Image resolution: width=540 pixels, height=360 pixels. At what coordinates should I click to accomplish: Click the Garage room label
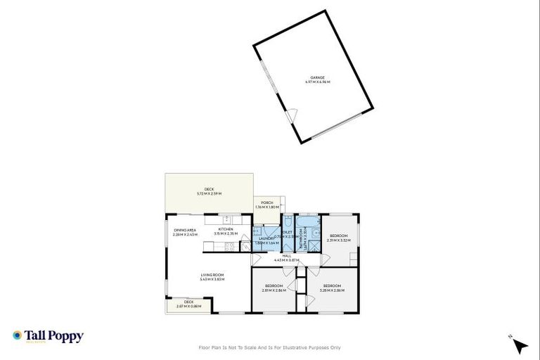tap(317, 79)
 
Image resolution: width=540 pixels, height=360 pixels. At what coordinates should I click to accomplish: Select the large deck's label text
tap(209, 191)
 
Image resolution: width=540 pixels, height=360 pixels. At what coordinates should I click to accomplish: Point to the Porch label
tap(266, 205)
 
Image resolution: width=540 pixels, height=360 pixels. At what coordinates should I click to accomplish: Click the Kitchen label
tap(226, 231)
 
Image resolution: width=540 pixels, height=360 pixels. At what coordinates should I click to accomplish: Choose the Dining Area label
tap(186, 232)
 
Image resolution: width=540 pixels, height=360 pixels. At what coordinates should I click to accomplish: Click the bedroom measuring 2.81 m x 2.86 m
tap(274, 288)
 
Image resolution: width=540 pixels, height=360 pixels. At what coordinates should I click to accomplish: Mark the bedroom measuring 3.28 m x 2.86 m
tap(332, 288)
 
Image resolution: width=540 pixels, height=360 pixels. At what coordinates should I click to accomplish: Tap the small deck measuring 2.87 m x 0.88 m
tap(188, 304)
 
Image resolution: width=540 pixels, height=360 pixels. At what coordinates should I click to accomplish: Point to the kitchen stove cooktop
tap(229, 247)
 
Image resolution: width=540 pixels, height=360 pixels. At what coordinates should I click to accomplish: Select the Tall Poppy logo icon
tap(16, 336)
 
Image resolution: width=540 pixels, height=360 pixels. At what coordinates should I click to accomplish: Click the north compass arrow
tap(520, 345)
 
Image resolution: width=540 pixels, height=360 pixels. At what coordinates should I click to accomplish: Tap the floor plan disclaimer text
tap(270, 347)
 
